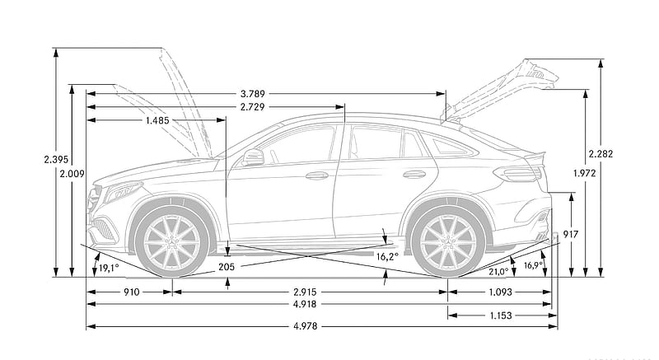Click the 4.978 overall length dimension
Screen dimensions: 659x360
click(306, 326)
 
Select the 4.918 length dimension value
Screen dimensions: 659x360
click(306, 304)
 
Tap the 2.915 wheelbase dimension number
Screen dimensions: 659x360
click(305, 292)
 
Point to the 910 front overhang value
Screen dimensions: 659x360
click(131, 292)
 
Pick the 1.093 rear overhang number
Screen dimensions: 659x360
click(501, 292)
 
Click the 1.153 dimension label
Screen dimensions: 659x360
click(501, 315)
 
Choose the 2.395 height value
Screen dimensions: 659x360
click(56, 159)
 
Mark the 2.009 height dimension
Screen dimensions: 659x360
click(72, 173)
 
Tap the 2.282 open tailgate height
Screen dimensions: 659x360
click(601, 154)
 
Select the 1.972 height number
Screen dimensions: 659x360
click(585, 172)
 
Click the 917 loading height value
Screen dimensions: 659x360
click(571, 235)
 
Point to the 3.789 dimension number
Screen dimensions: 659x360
click(253, 94)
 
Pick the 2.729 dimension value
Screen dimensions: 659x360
click(253, 107)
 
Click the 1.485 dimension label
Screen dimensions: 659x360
click(157, 120)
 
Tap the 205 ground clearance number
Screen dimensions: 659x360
click(227, 266)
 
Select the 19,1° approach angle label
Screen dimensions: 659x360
click(109, 268)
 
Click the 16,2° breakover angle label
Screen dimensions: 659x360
click(386, 256)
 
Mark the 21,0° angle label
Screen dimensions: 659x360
click(498, 272)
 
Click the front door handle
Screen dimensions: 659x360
click(317, 175)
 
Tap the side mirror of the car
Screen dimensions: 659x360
click(253, 157)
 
